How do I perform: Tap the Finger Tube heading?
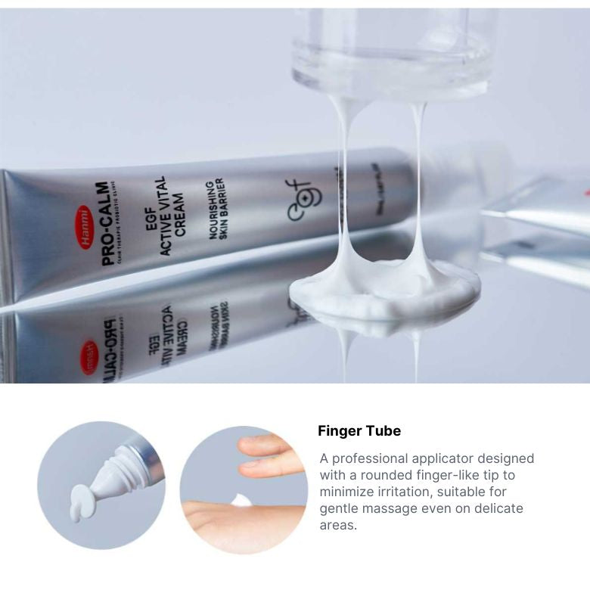[x=359, y=431]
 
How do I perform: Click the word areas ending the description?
[x=337, y=525]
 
